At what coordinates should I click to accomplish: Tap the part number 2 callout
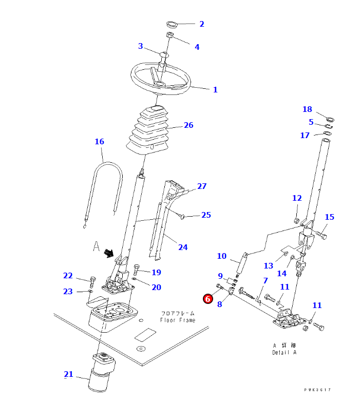point(201,24)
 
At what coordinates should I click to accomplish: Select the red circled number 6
point(207,298)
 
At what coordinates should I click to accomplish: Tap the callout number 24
point(183,247)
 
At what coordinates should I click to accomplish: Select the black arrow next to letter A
point(109,252)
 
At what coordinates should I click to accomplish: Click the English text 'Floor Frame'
point(177,320)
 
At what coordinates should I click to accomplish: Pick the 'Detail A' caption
point(284,352)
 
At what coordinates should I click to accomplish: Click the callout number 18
point(307,109)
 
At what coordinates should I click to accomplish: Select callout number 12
point(297,198)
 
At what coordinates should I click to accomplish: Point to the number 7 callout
point(265,280)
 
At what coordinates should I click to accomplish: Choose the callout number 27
point(202,186)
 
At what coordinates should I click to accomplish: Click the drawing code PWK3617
point(317,390)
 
